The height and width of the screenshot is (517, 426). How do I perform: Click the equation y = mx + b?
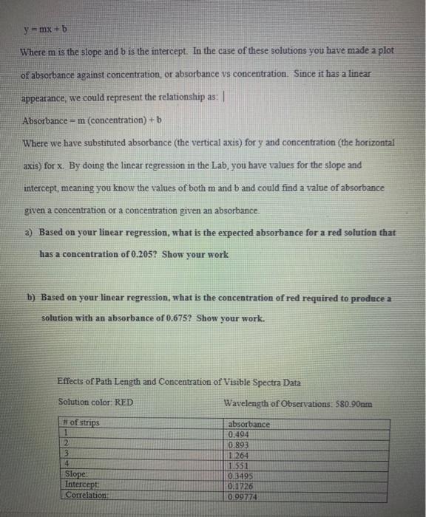coord(45,30)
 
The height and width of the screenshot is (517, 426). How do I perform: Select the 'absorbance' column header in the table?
coord(249,424)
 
